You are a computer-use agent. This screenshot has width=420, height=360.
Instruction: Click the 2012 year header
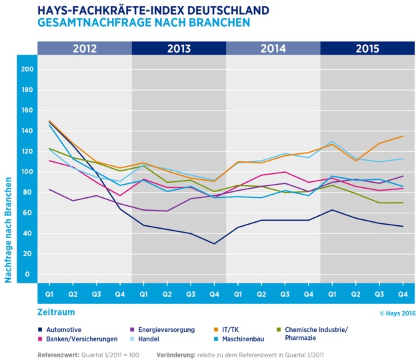tap(85, 49)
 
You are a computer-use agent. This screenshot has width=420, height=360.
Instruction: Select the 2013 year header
tap(179, 49)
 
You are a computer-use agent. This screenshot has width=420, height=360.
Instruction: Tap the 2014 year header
tap(273, 49)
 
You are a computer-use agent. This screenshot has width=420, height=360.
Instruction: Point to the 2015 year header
tap(367, 49)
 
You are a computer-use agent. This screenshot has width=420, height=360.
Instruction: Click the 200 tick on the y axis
tap(27, 69)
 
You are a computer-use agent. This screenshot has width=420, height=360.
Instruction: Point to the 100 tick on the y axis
tap(27, 172)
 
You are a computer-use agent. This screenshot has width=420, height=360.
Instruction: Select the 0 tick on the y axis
tap(27, 274)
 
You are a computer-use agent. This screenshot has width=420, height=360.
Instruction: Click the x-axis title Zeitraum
tap(57, 311)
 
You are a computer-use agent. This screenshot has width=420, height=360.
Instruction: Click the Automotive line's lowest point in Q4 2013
tap(214, 243)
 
